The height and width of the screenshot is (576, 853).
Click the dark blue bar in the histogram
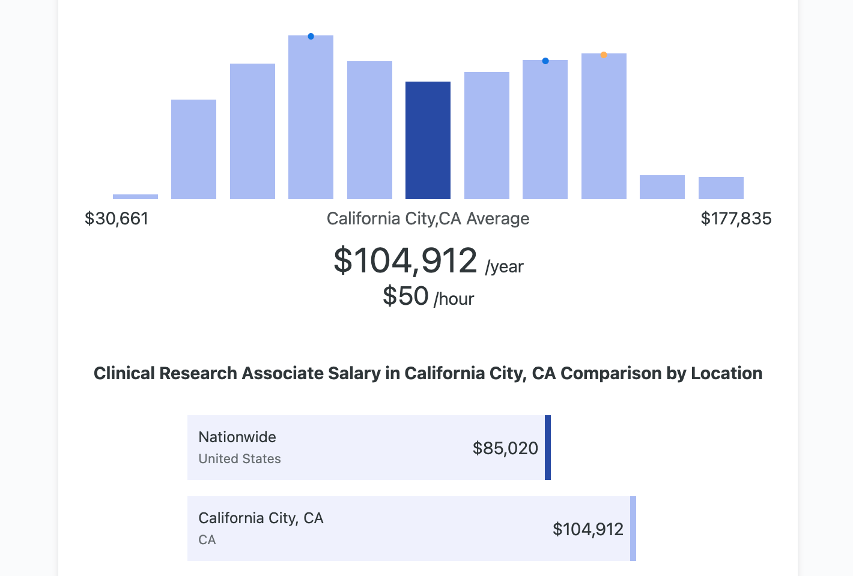[428, 140]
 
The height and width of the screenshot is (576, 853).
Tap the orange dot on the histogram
[604, 55]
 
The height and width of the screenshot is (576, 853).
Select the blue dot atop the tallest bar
[311, 37]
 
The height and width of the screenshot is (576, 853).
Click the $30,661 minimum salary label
[117, 218]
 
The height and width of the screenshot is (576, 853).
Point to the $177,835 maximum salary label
[736, 218]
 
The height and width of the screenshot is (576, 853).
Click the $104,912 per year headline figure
[405, 261]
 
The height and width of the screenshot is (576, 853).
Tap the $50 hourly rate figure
[405, 296]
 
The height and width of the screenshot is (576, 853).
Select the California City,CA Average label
[428, 218]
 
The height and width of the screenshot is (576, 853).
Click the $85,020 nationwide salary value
[505, 448]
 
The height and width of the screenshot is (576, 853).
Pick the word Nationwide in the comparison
[237, 437]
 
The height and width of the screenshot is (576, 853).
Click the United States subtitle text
[240, 459]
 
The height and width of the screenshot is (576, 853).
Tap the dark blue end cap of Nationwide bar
[548, 448]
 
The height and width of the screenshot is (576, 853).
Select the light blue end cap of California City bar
[633, 529]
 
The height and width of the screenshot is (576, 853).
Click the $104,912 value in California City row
[587, 529]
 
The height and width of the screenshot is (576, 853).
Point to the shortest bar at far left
[135, 196]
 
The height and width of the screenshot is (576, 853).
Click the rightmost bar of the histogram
[721, 188]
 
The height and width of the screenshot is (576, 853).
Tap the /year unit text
[505, 267]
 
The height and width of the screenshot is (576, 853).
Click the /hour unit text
[454, 299]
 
